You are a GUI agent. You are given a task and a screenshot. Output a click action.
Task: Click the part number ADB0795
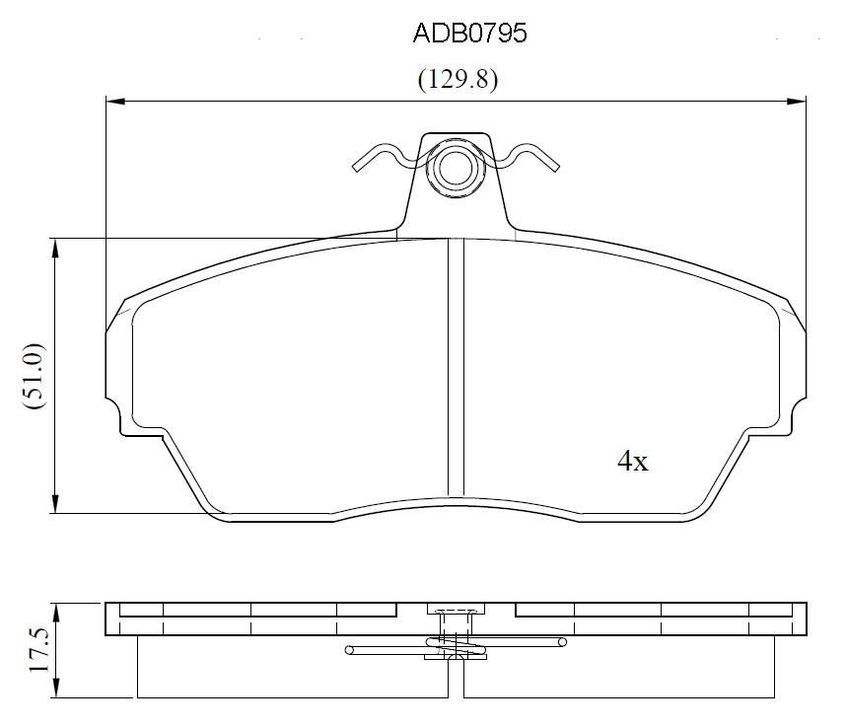click(469, 34)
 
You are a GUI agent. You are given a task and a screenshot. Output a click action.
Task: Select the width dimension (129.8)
click(458, 80)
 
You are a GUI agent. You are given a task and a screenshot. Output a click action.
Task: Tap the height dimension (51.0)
click(33, 376)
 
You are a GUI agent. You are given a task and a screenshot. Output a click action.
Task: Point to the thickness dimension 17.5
click(38, 650)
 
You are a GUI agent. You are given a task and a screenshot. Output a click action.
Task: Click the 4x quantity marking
click(632, 462)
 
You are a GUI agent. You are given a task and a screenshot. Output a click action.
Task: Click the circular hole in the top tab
click(456, 168)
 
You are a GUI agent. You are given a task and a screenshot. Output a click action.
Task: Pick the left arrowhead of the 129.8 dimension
click(115, 101)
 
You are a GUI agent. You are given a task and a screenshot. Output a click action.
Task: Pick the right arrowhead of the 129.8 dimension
click(797, 101)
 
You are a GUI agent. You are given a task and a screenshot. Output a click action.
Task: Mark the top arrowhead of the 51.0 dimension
click(55, 248)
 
